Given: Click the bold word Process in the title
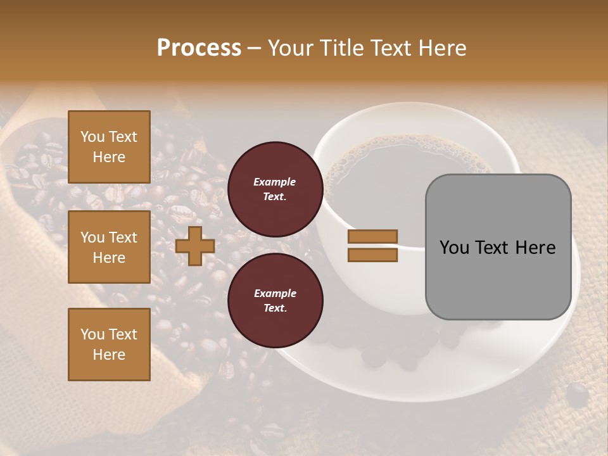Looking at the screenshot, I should pos(199,47).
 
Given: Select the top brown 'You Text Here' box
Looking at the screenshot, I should pos(109,147).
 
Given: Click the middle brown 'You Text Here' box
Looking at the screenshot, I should pos(109,247).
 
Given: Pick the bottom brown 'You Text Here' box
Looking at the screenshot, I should pos(109,345).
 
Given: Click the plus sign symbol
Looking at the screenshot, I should pos(195,246).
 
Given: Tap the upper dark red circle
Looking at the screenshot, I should pos(275,189).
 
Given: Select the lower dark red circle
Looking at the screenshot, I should pos(275,300).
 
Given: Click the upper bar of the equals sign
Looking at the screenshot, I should pos(372,237).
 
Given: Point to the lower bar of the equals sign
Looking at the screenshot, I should pos(372,255).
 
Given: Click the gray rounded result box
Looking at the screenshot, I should pos(498,247).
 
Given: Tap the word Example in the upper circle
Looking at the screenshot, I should pos(275,182).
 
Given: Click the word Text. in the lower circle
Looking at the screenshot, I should pos(275,308).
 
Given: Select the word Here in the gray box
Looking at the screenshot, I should pos(535,248).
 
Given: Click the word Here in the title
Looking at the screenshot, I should pos(443,48).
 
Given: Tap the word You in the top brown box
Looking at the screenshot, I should pos(92,137).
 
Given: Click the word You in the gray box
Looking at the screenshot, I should pos(453,248).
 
